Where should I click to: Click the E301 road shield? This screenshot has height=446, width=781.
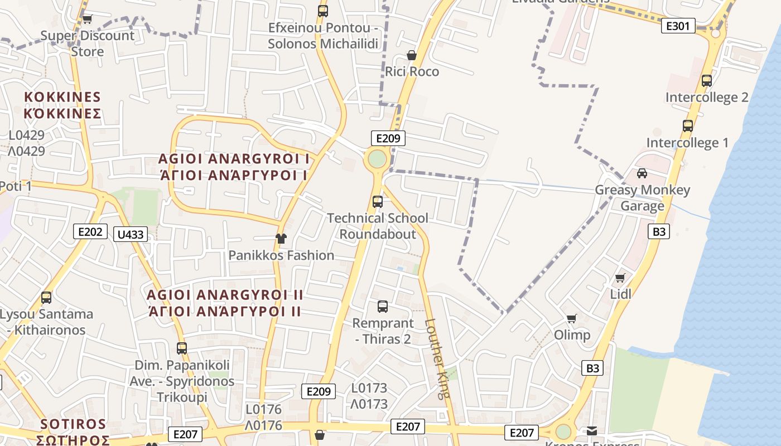click(678, 25)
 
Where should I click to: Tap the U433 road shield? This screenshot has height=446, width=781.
click(131, 234)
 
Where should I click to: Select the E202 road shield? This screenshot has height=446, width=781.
click(90, 231)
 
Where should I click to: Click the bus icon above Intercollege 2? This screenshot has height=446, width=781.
click(707, 80)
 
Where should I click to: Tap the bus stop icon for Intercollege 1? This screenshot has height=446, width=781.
click(688, 126)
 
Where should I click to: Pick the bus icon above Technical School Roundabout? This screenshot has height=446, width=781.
click(378, 201)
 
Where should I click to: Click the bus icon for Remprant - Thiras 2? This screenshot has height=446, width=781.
click(383, 306)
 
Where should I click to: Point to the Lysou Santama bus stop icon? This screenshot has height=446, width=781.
click(46, 298)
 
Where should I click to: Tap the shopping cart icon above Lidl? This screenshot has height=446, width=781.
click(620, 278)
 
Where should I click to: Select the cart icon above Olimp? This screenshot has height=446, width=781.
click(572, 318)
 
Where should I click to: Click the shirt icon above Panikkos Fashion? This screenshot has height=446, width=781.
click(281, 239)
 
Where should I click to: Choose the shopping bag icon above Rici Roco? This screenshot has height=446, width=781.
click(412, 55)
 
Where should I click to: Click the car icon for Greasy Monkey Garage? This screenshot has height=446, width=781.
click(642, 173)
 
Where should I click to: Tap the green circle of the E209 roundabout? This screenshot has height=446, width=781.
click(377, 159)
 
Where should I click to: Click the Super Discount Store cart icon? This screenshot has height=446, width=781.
click(87, 19)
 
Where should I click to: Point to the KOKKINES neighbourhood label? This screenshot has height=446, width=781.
click(62, 96)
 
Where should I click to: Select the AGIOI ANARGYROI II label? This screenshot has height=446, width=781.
click(225, 294)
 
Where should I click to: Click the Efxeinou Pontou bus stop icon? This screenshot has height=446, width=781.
click(322, 11)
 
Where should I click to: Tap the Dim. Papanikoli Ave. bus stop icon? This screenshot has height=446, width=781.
click(182, 348)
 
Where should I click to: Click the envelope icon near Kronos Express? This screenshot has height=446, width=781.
click(591, 431)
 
